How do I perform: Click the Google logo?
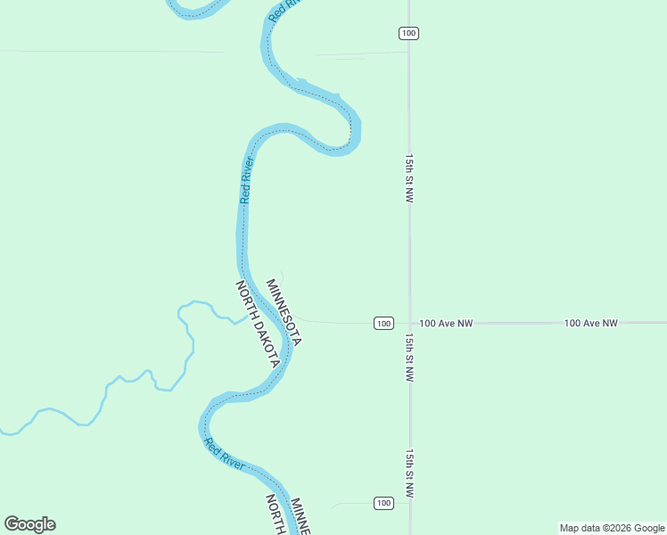pos(29,524)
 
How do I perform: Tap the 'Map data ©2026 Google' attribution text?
pos(612,528)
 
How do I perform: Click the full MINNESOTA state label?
pos(284,312)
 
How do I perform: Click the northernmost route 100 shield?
pos(408,33)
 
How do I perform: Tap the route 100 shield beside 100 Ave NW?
pos(383,323)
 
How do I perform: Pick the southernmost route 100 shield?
pos(383,503)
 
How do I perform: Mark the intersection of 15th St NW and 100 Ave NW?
pos(410,323)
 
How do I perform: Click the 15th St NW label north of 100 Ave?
pos(408,178)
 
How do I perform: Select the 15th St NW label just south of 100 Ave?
pos(408,358)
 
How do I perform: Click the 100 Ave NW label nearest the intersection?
pos(446,323)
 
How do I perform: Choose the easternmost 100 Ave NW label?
pos(590,323)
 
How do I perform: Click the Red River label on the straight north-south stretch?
pos(247,180)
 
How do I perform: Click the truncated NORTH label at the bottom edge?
pos(275,514)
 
